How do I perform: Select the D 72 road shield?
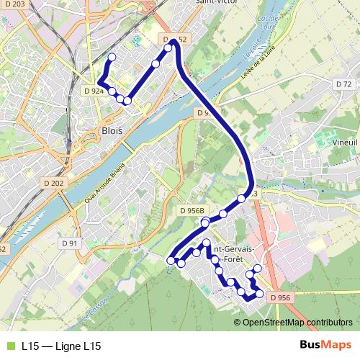pos(343,84)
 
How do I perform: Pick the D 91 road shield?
pos(69,243)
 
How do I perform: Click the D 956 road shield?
pos(281,297)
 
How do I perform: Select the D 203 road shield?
pos(13,4)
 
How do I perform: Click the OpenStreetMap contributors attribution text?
pos(297,322)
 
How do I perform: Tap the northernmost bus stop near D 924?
pos(112,58)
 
